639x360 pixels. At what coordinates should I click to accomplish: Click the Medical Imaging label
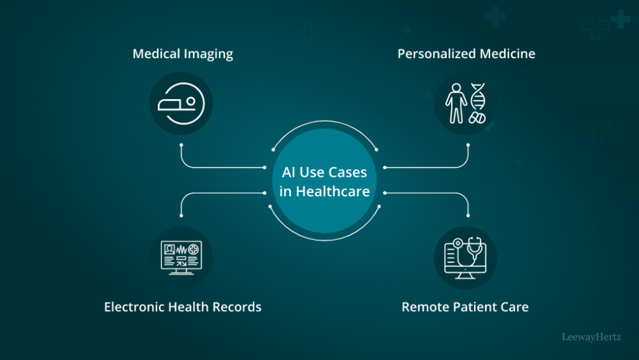[183, 53]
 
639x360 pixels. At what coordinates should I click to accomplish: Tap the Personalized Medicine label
[466, 53]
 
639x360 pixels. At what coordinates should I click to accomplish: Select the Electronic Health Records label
[183, 307]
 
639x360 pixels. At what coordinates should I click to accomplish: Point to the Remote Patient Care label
[465, 307]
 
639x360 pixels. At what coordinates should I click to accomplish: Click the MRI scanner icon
[181, 103]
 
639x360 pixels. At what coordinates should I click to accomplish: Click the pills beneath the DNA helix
[478, 118]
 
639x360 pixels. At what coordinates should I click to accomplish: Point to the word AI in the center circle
[290, 173]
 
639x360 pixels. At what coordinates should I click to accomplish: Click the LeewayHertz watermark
[596, 337]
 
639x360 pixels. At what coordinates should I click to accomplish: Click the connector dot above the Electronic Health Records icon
[181, 216]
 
